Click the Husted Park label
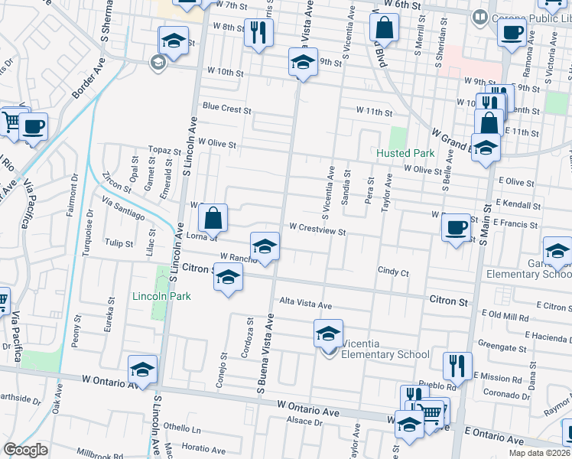point(405,153)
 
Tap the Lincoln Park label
point(160,296)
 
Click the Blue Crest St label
point(226,109)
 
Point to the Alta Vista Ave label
point(306,304)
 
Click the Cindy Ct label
point(394,272)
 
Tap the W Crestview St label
point(318,228)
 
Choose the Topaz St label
point(163,150)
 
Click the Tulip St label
point(119,243)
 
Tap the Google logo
point(26,450)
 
